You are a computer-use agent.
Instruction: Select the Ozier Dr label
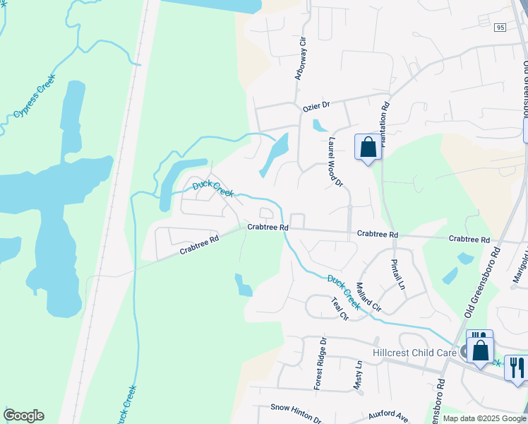(316, 106)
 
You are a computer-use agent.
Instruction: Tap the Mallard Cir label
(368, 298)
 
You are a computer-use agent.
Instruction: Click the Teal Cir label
(340, 308)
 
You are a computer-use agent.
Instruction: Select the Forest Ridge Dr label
(322, 363)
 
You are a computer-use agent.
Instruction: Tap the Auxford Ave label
(388, 416)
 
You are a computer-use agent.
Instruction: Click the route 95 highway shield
(500, 27)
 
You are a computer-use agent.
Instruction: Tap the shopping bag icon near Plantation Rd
(367, 148)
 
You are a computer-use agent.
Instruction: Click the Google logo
(23, 416)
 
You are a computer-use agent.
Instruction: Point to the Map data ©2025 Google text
(484, 418)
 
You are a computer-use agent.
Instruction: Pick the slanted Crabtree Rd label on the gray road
(199, 245)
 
